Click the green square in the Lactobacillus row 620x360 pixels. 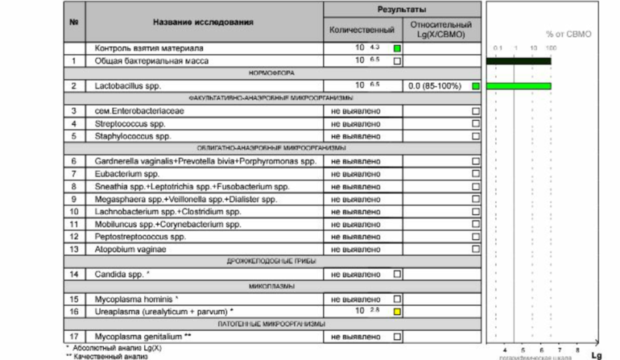click(476, 85)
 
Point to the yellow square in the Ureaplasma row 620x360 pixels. click(397, 311)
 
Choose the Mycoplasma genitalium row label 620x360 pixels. click(143, 336)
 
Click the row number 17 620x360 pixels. click(73, 336)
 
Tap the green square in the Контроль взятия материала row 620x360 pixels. click(397, 48)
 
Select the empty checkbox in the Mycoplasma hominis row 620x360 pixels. click(397, 299)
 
